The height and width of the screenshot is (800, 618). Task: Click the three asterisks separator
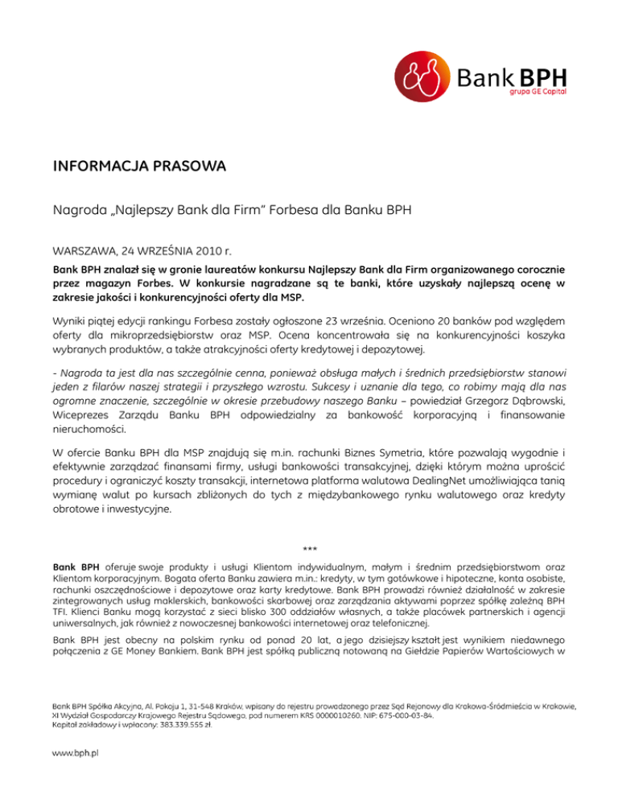pyautogui.click(x=309, y=549)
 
